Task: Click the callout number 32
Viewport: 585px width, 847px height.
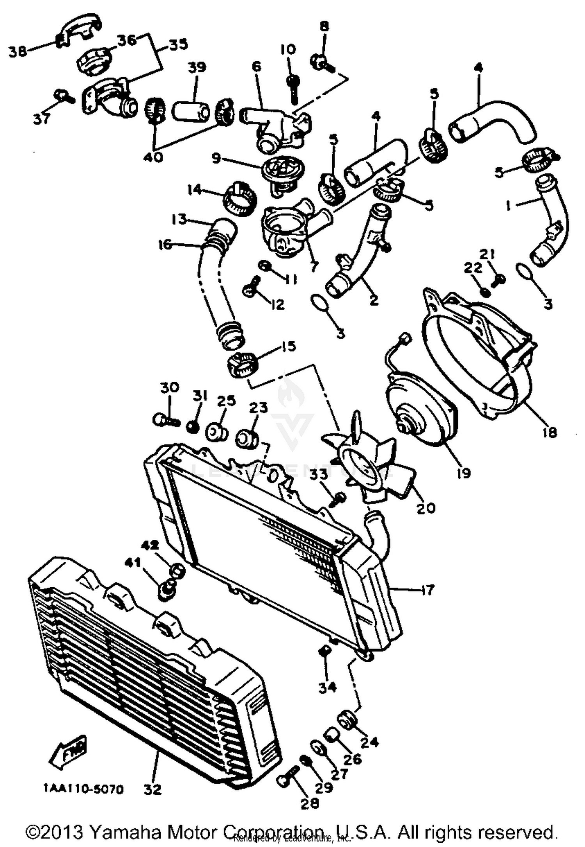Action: coord(152,789)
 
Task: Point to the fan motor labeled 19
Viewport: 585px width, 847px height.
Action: coord(421,413)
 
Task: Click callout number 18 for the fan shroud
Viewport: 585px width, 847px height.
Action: coord(550,432)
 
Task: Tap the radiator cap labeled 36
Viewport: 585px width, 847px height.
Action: coord(92,63)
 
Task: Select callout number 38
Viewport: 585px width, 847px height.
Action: coord(17,51)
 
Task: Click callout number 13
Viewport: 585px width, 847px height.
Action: coord(179,219)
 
